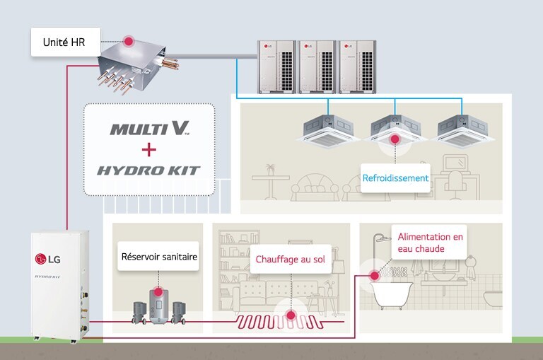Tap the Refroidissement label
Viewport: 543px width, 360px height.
[395, 178]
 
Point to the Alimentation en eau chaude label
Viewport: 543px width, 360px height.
[430, 243]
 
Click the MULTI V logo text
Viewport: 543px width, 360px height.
[149, 129]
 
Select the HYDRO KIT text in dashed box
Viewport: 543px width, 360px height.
[148, 170]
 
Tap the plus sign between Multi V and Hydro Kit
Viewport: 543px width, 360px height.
[148, 149]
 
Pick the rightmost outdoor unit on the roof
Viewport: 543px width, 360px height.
[358, 64]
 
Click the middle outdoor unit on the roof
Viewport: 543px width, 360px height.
[317, 64]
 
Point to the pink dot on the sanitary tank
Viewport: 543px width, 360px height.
[158, 291]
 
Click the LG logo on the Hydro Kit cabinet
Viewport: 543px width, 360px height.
[48, 257]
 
